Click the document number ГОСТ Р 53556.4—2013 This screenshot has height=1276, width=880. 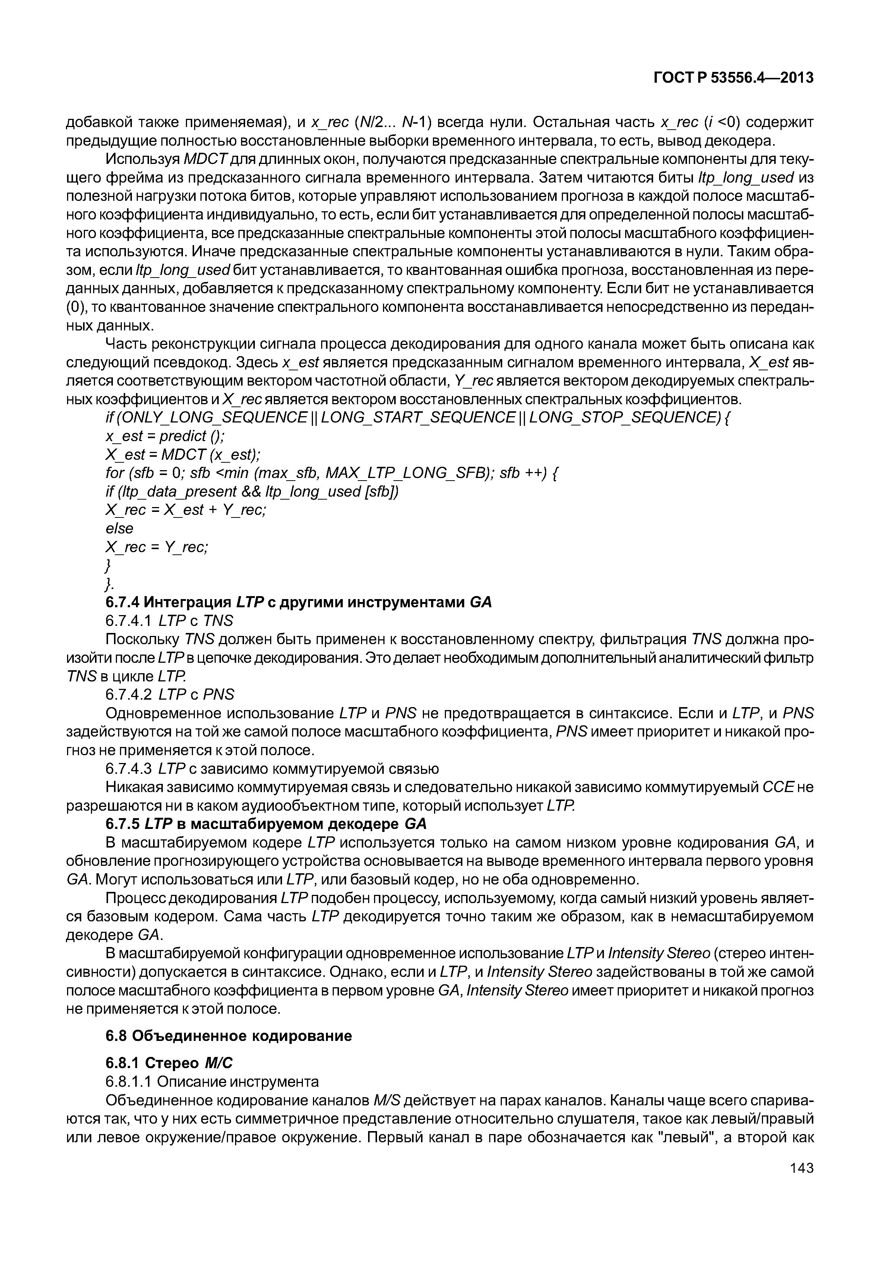(733, 78)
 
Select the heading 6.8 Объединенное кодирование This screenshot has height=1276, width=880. (228, 1036)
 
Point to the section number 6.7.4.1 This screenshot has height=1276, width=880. (128, 621)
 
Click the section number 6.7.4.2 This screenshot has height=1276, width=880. (128, 694)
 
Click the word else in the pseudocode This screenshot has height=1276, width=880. (119, 528)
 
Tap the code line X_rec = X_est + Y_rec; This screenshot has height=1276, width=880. (185, 510)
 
